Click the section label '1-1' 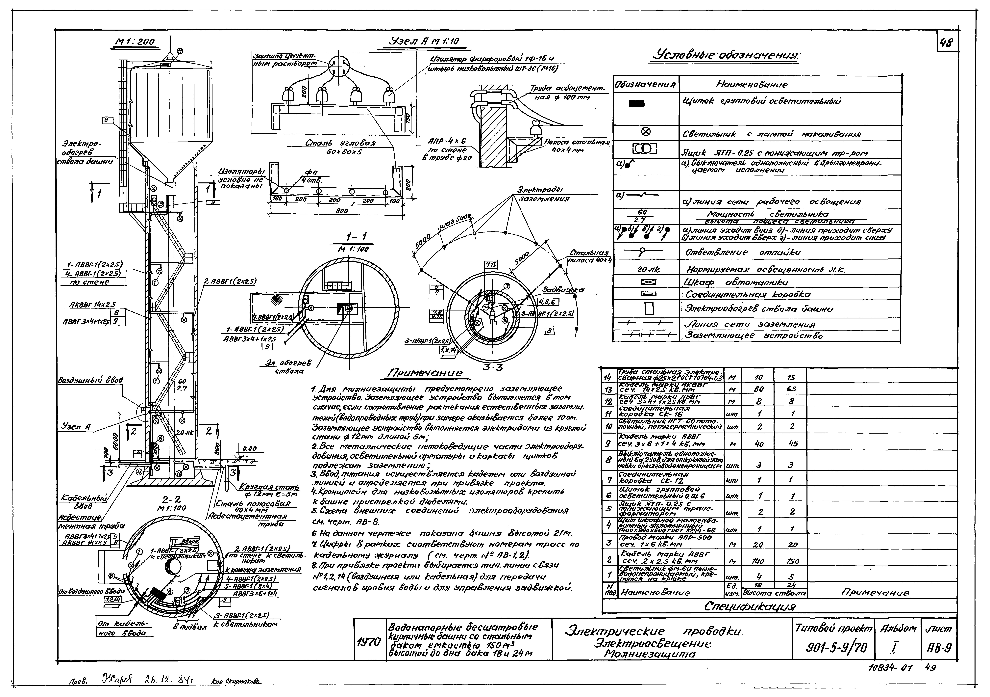356,236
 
